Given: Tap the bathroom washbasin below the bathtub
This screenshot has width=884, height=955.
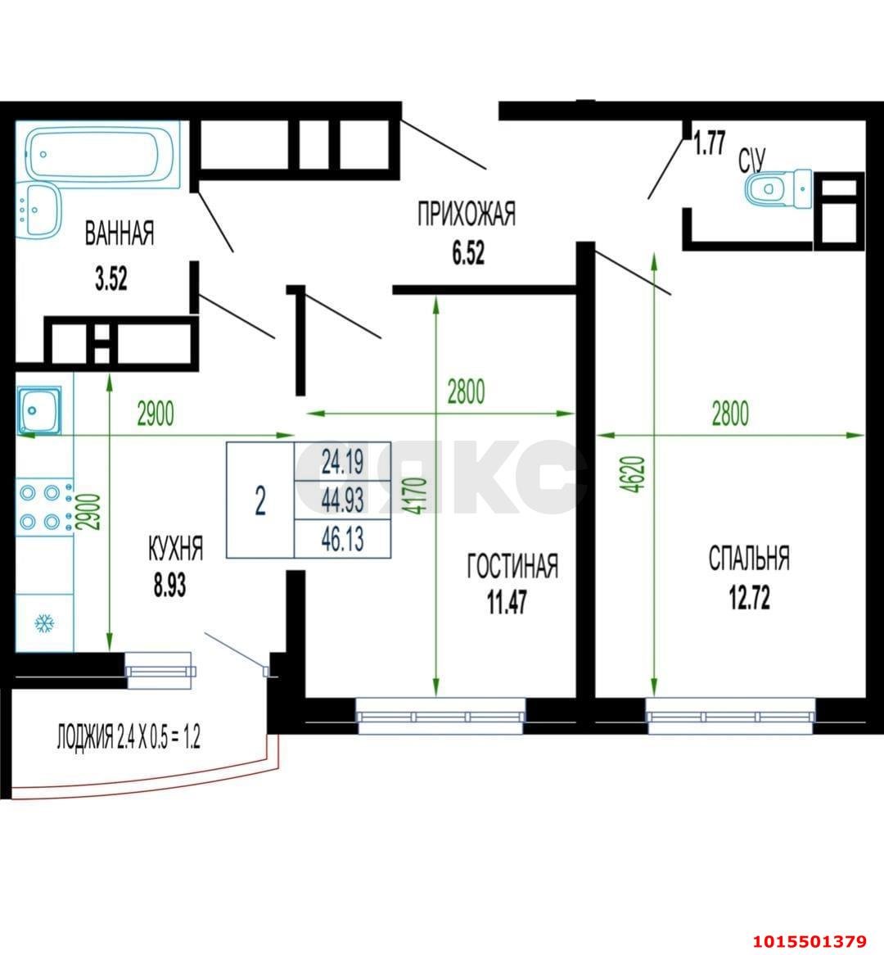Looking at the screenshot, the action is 38,210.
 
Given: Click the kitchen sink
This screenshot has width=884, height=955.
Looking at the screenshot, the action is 38,410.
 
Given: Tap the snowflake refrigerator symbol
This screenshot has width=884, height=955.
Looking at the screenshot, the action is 44,623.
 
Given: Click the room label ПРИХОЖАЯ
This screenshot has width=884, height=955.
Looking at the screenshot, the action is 467,215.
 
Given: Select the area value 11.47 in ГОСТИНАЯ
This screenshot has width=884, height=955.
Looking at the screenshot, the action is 507,602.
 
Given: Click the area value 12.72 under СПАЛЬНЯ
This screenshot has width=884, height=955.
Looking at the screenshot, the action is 750,597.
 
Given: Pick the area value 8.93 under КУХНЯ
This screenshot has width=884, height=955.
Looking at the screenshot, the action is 170,586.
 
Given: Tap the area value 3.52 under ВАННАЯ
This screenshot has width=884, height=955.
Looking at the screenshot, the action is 111,279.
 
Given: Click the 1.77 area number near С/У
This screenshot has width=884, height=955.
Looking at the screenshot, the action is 710,143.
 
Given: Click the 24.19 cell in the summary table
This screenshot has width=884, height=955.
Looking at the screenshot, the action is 342,462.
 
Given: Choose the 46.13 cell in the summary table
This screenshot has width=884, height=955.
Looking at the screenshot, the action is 342,539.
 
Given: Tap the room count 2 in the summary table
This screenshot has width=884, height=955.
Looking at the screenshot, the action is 260,500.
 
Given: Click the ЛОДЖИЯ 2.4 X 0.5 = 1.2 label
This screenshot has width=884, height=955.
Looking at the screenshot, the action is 129,736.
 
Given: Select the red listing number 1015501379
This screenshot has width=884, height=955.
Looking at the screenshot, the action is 810,942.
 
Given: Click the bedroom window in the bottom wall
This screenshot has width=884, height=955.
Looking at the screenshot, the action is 730,716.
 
